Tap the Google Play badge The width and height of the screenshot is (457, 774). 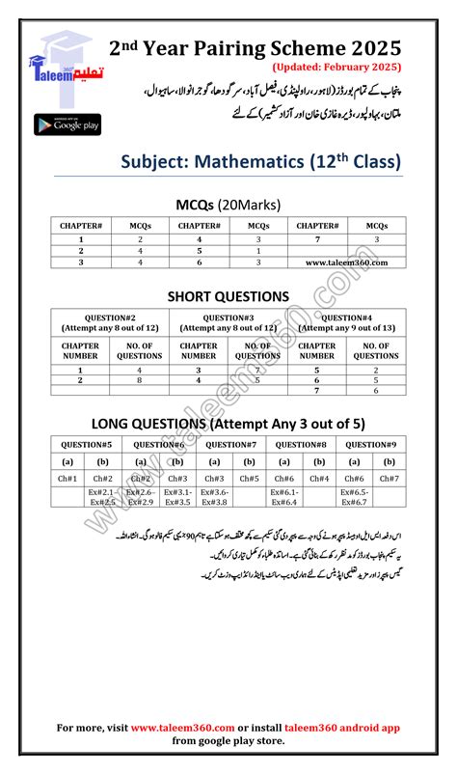coord(67,124)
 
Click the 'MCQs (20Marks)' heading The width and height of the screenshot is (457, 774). coord(228,205)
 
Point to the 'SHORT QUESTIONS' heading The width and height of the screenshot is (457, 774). coord(228,296)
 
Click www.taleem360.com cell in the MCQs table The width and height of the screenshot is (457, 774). coord(346,262)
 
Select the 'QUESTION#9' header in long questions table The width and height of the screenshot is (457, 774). coord(371,445)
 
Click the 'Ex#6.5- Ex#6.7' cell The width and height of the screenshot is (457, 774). coord(354,497)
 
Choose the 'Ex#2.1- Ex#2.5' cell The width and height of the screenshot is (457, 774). coord(103,497)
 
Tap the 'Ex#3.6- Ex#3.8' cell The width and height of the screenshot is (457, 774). coord(213,497)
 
